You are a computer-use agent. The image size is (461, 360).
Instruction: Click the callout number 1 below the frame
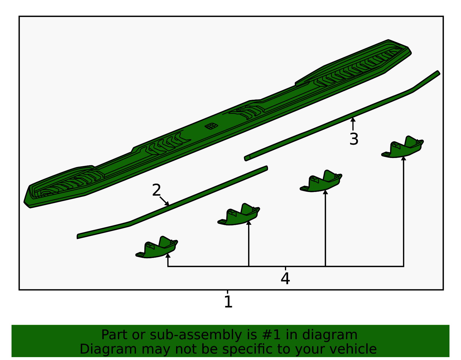point(228,302)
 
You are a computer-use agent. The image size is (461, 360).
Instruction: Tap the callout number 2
point(156,190)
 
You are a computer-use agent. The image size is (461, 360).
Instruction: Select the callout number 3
point(354,139)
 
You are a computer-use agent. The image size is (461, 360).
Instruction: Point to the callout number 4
point(285,278)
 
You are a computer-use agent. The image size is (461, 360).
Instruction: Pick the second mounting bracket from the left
point(239,215)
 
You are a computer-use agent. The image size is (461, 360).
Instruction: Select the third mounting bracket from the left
point(321,181)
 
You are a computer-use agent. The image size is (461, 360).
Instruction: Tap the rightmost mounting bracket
point(403,147)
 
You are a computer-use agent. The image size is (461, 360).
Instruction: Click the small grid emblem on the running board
point(211,126)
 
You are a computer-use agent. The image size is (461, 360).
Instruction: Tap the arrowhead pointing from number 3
point(353,119)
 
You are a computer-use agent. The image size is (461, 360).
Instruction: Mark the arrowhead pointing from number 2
point(167,203)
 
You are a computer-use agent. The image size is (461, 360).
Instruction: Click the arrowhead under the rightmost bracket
point(403,158)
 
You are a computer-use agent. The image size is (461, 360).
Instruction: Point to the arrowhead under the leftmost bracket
point(168,255)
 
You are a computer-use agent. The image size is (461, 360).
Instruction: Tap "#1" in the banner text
point(271,335)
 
